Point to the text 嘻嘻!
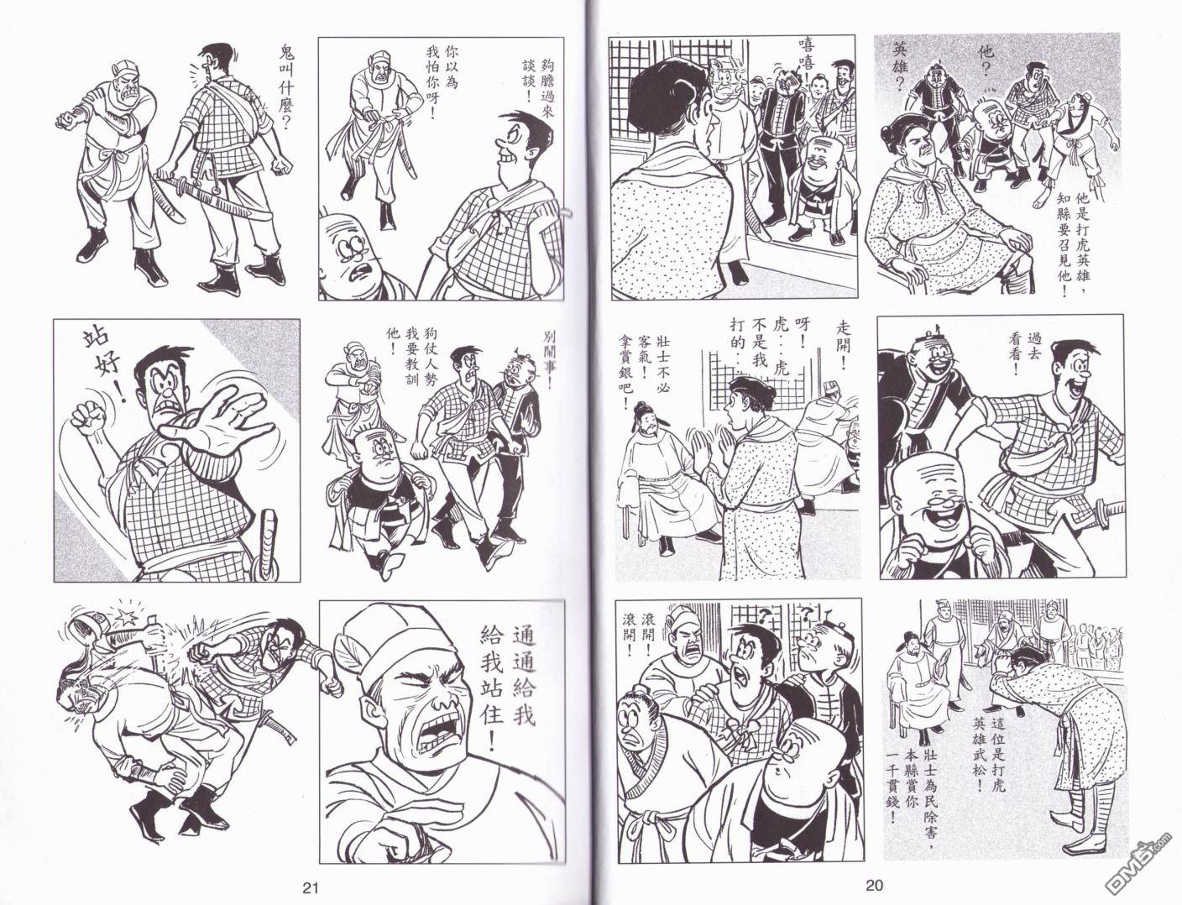(x=808, y=60)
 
